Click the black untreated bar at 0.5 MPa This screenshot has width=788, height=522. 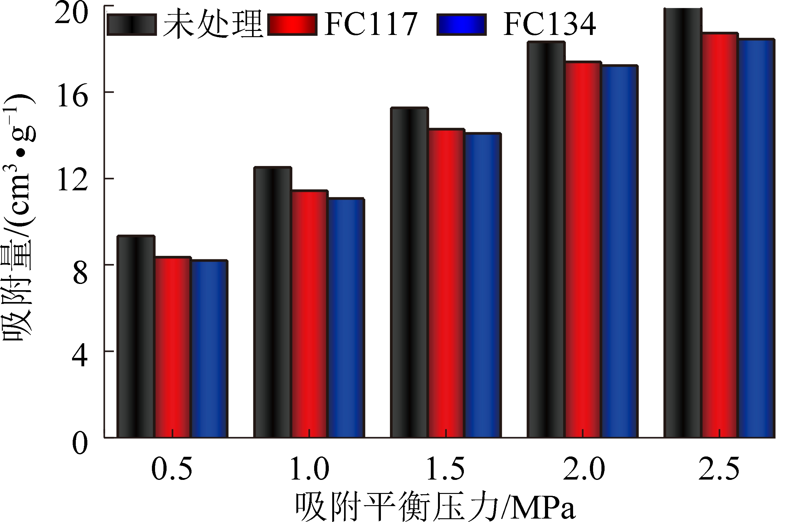(x=135, y=336)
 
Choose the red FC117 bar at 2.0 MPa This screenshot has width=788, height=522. (x=583, y=250)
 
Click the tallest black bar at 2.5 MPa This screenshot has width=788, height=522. (x=683, y=223)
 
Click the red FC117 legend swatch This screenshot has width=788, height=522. (x=292, y=25)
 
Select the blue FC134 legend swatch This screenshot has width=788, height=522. (x=461, y=25)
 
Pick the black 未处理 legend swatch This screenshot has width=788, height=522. (x=131, y=25)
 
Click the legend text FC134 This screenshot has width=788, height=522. (x=549, y=24)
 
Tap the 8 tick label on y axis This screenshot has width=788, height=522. (x=80, y=274)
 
